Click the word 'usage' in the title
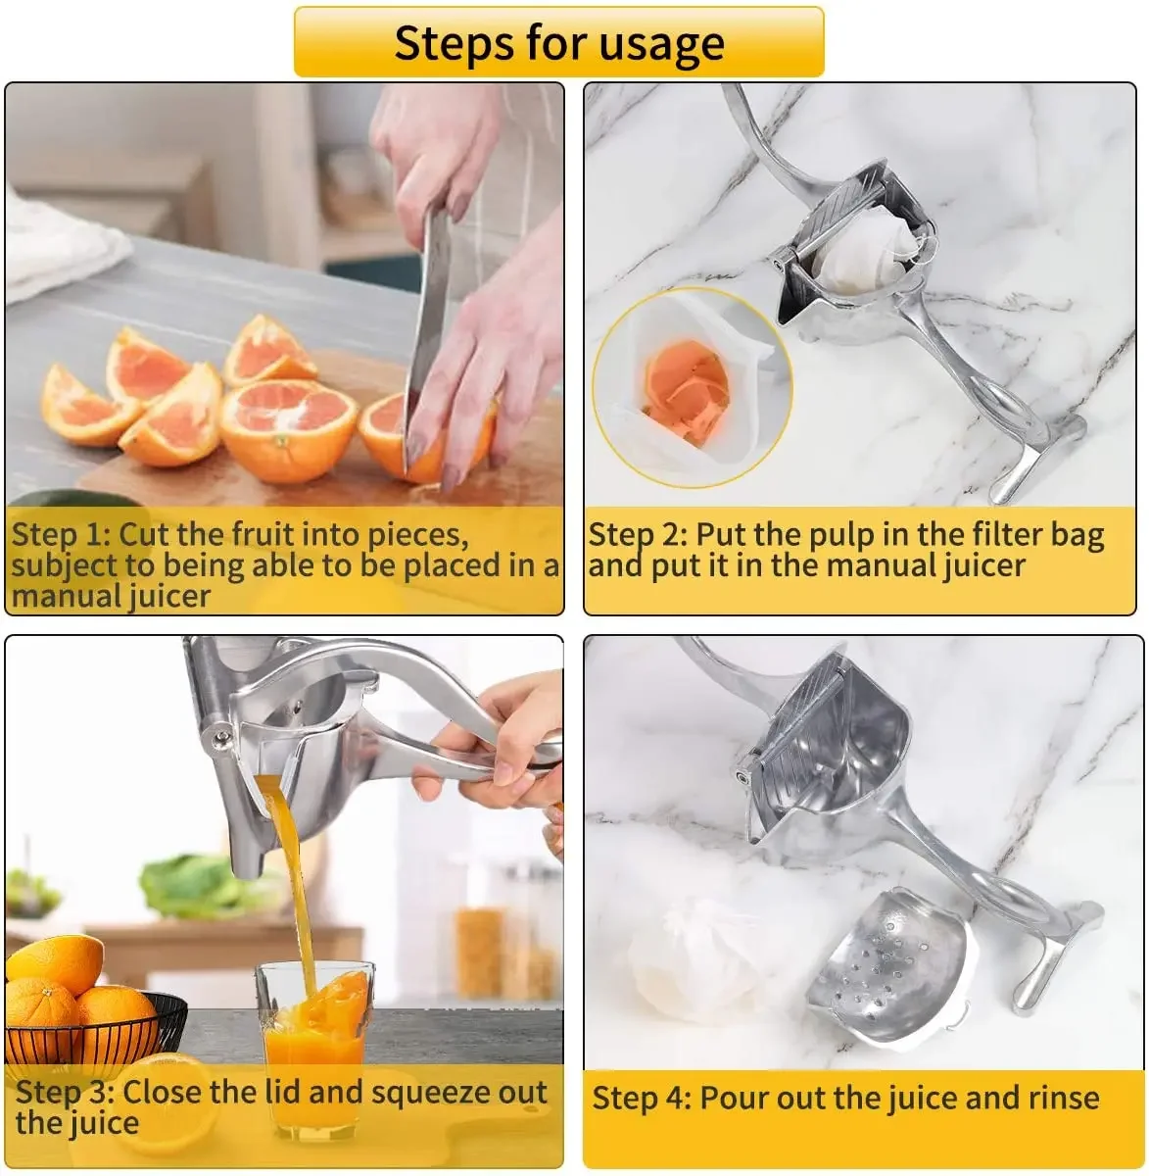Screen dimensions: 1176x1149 pyautogui.click(x=657, y=44)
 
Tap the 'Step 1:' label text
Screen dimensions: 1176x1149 pyautogui.click(x=61, y=535)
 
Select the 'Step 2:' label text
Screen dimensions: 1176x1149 pyautogui.click(x=638, y=535)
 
